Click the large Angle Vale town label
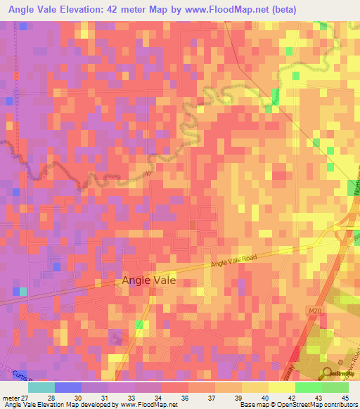(x=149, y=280)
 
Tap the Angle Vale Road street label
(x=235, y=261)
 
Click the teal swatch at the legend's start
(x=41, y=387)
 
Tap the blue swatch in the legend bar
(x=67, y=387)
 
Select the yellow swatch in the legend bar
(x=281, y=387)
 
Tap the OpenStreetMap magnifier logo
(x=327, y=372)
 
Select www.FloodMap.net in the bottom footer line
(x=148, y=405)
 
